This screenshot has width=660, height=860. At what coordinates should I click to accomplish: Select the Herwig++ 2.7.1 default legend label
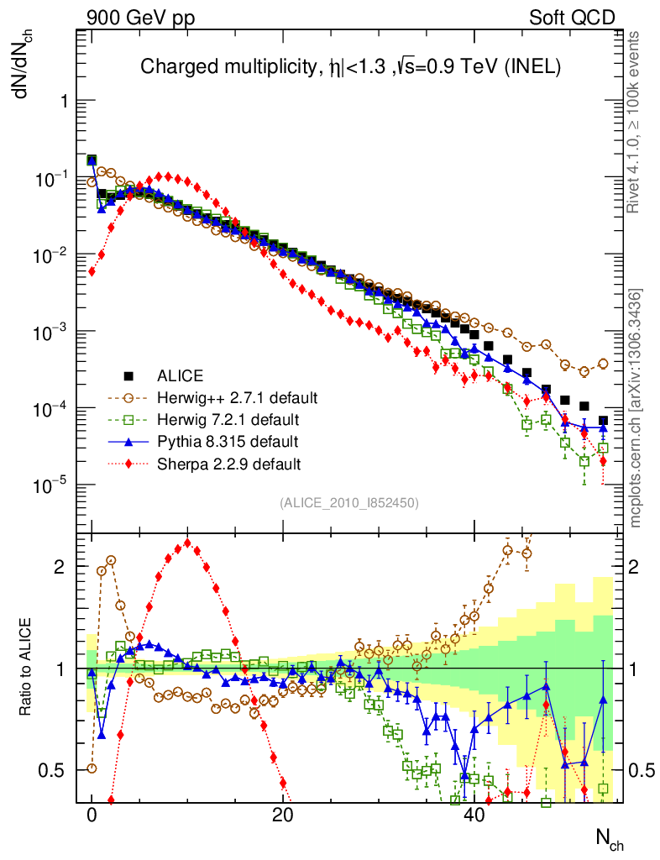point(227,397)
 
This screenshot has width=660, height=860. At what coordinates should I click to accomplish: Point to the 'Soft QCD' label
point(571,17)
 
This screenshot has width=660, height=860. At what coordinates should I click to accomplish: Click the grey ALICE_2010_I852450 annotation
point(349,503)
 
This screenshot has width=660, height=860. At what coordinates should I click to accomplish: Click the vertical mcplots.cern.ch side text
point(636,407)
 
